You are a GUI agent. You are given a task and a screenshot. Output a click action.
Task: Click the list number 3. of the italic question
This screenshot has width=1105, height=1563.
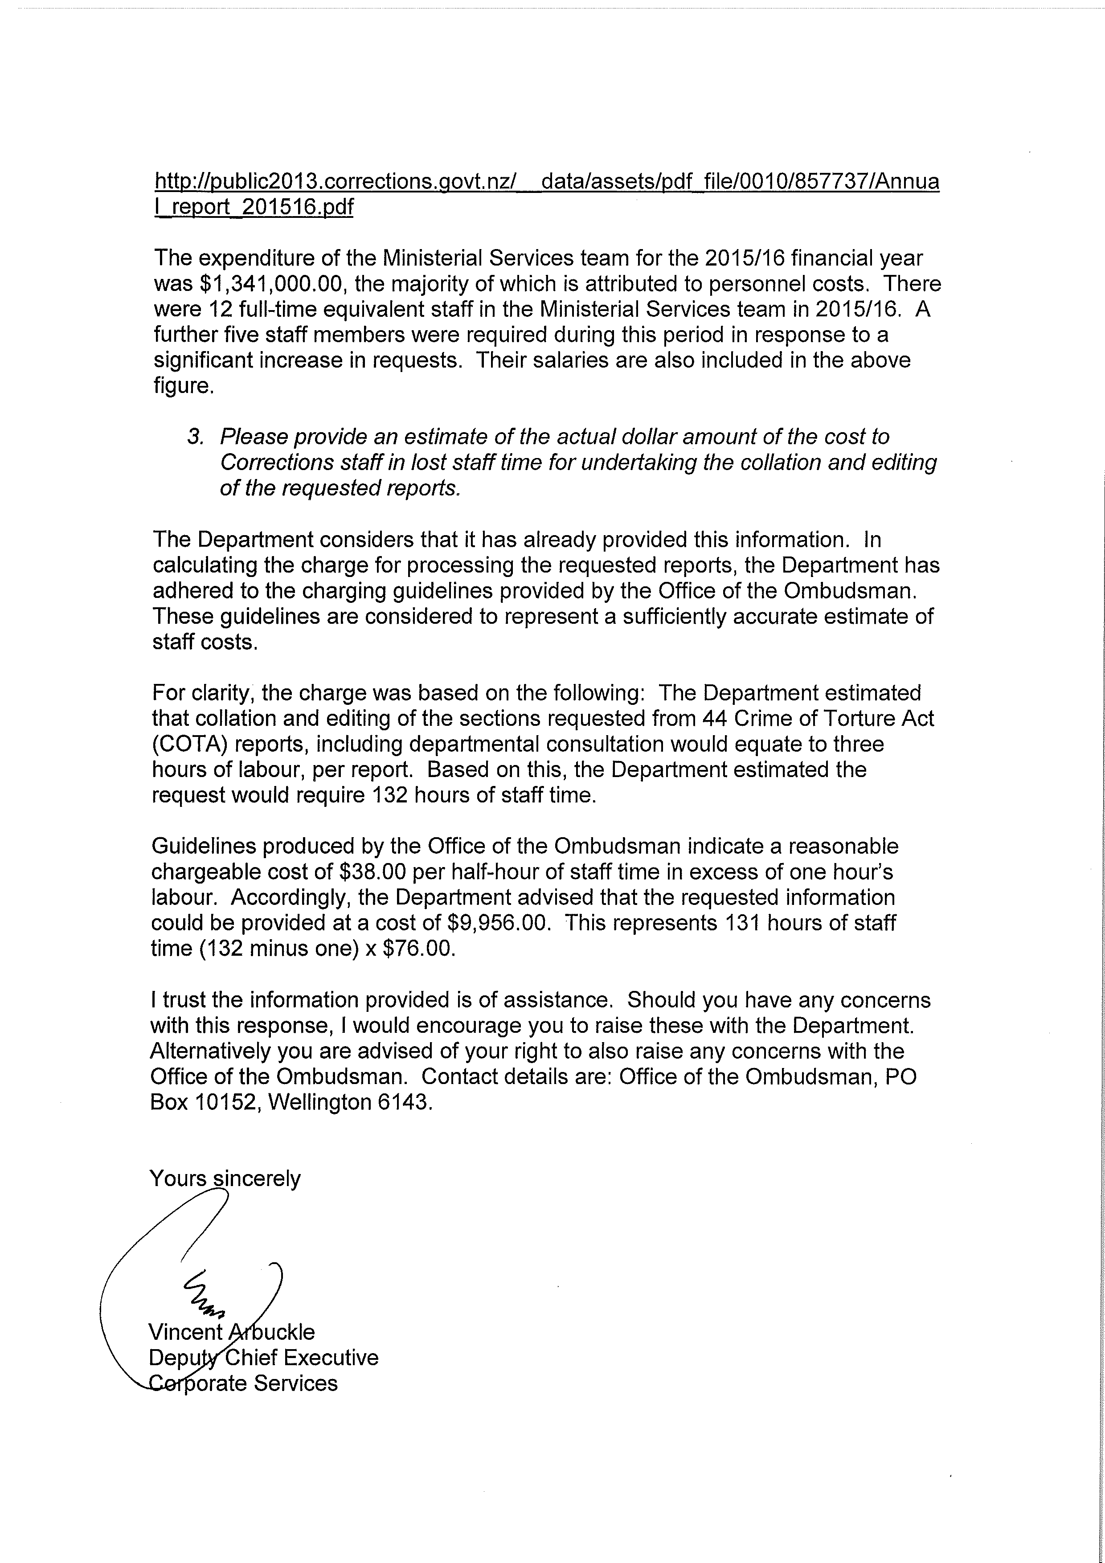pyautogui.click(x=196, y=437)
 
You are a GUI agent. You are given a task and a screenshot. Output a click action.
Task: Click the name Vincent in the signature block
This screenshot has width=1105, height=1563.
pyautogui.click(x=185, y=1332)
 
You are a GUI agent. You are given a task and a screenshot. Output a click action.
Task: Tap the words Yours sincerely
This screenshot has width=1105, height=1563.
pyautogui.click(x=225, y=1178)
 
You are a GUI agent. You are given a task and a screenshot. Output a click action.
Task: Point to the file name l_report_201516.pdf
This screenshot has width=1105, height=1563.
pyautogui.click(x=254, y=207)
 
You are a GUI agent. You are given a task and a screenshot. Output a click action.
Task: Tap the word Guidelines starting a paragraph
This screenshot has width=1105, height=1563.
pyautogui.click(x=204, y=846)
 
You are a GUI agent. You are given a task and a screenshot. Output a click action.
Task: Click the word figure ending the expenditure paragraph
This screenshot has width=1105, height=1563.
pyautogui.click(x=183, y=386)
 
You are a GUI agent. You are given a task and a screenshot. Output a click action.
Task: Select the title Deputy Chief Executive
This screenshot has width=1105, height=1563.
pyautogui.click(x=263, y=1358)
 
